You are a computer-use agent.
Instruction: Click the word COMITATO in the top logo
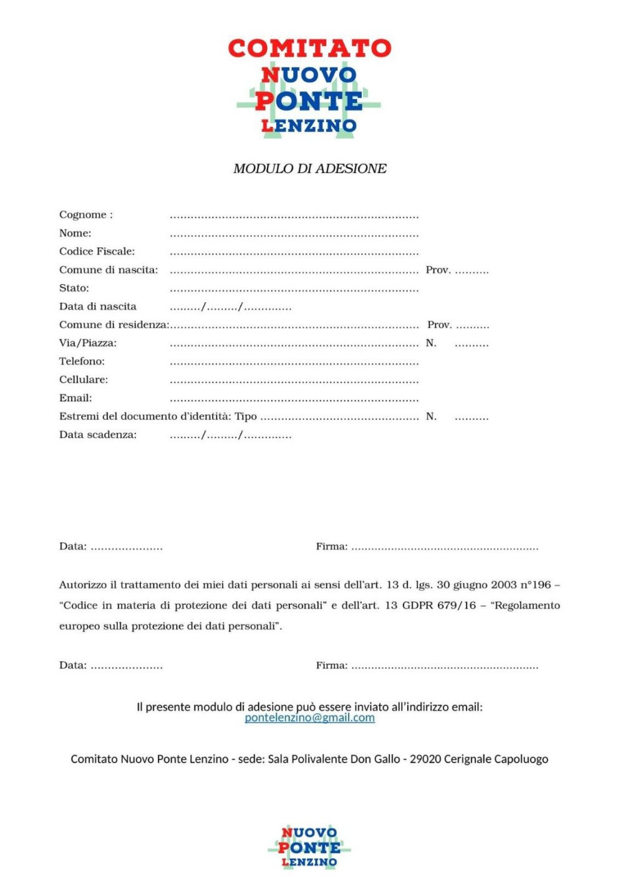click(309, 48)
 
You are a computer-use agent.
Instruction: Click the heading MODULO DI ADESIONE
click(309, 169)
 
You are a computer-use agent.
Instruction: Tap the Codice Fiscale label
click(97, 252)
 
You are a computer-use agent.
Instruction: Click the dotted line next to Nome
click(294, 236)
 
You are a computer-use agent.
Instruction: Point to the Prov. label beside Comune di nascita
click(438, 270)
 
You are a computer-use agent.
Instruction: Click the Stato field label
click(74, 288)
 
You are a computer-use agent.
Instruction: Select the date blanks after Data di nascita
click(230, 307)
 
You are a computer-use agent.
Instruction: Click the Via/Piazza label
click(88, 343)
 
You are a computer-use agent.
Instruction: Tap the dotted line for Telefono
click(294, 363)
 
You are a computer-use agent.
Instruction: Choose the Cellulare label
click(84, 380)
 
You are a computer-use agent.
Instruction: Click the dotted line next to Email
click(294, 400)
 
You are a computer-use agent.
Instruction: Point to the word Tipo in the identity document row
click(246, 416)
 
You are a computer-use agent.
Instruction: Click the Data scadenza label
click(98, 435)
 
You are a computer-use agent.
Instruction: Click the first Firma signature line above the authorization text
click(444, 548)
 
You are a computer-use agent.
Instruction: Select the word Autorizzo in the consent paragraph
click(83, 585)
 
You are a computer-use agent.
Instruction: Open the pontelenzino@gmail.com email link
click(309, 718)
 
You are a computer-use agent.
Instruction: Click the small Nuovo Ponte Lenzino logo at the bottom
click(309, 847)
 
